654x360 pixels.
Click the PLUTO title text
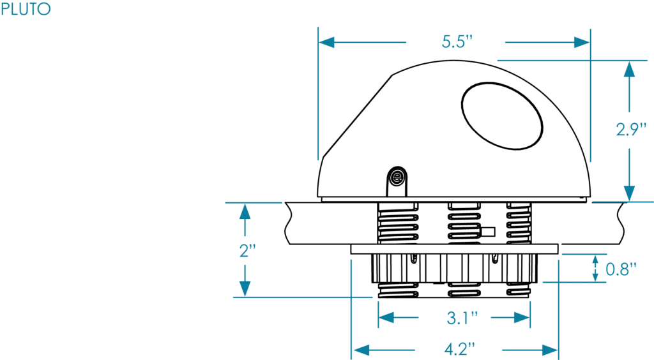click(26, 10)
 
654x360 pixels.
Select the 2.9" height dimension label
click(632, 130)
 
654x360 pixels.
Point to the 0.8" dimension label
click(621, 269)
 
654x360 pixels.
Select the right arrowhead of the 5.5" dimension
click(582, 43)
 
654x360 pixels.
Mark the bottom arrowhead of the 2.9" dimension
click(630, 193)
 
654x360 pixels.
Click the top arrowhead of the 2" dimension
click(243, 211)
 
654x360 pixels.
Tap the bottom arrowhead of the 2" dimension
click(243, 289)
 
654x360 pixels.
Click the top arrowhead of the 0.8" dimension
click(595, 259)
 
